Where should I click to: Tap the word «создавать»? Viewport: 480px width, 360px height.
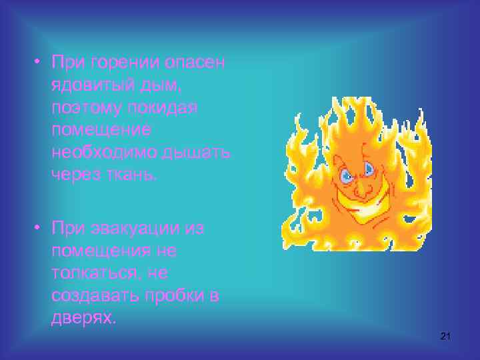click(x=93, y=295)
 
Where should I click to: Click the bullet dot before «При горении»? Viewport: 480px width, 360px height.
click(x=39, y=63)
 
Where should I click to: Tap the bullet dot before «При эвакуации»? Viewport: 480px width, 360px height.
click(x=39, y=229)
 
